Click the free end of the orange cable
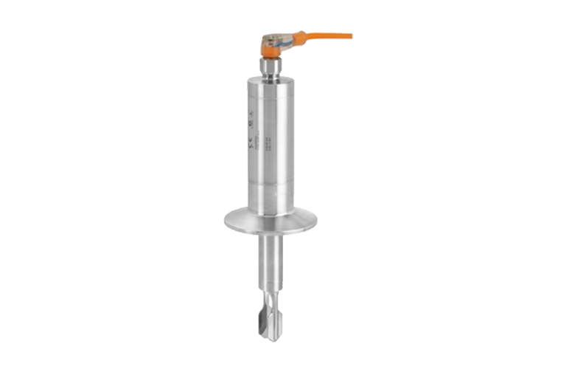[352, 33]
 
